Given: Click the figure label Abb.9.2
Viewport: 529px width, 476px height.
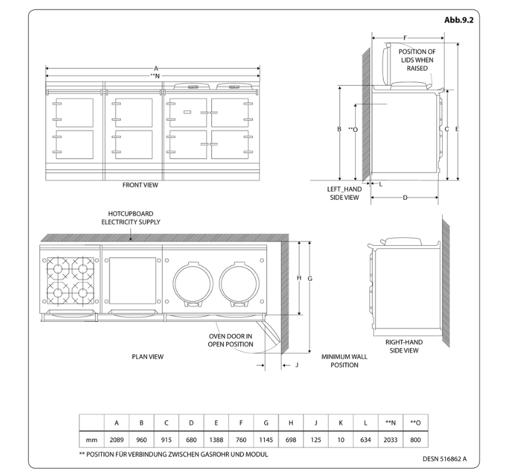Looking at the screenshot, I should coord(458,20).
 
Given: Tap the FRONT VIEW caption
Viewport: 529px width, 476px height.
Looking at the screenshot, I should coord(140,185).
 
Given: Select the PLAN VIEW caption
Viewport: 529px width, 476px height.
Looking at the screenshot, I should coord(148,357).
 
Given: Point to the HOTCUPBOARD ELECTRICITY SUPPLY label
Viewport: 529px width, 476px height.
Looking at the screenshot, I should coord(133,218).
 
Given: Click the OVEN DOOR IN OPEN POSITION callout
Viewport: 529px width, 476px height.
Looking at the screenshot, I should coord(230,340).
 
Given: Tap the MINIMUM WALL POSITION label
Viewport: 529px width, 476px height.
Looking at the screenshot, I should coord(344,361).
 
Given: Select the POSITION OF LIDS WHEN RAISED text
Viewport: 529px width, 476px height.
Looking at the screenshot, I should coord(417,60).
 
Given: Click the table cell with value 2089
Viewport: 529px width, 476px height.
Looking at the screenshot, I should coord(117,440).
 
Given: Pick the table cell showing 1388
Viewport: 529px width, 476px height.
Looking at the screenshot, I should coord(216,440).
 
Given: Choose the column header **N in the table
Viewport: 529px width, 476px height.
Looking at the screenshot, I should coord(390,422).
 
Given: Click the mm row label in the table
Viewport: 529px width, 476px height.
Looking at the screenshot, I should coord(92,440).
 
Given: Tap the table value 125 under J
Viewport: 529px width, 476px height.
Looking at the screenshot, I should coord(315,440).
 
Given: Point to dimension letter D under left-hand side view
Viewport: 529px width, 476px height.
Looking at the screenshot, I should coord(405,198).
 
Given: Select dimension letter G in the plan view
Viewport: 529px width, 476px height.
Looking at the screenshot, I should coord(310,278).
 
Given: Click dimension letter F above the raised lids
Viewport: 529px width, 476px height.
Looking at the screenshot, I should coord(405,38).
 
